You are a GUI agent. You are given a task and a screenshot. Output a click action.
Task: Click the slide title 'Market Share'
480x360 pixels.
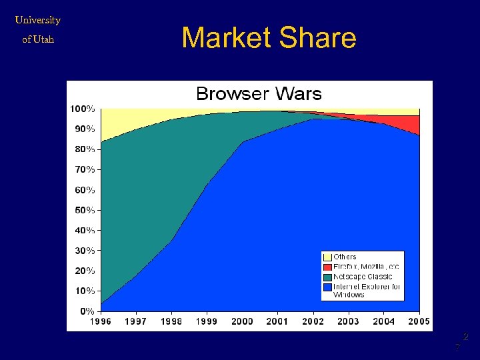pyautogui.click(x=269, y=38)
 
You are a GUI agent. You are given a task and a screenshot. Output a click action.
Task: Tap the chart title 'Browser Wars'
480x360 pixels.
pyautogui.click(x=259, y=94)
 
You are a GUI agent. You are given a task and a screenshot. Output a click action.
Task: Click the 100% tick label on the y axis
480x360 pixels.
pyautogui.click(x=83, y=108)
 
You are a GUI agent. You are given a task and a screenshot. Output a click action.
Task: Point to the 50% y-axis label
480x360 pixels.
pyautogui.click(x=85, y=210)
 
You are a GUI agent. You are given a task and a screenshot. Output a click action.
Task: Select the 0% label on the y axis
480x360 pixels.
pyautogui.click(x=87, y=311)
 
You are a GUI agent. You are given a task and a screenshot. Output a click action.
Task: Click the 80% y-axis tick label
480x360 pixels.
pyautogui.click(x=85, y=149)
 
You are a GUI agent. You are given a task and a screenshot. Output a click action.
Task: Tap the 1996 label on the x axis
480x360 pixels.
pyautogui.click(x=101, y=322)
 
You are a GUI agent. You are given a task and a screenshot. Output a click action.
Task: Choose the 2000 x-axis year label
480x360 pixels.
pyautogui.click(x=242, y=322)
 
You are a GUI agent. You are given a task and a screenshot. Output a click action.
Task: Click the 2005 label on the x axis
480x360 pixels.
pyautogui.click(x=419, y=322)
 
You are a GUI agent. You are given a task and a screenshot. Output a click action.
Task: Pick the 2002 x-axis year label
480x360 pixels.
pyautogui.click(x=313, y=322)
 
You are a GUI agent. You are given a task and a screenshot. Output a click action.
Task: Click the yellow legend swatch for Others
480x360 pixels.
pyautogui.click(x=327, y=257)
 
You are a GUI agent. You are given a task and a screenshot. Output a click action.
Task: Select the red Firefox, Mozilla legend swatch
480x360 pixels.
pyautogui.click(x=327, y=267)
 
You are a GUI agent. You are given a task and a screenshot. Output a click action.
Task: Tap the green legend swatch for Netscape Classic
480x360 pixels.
pyautogui.click(x=327, y=277)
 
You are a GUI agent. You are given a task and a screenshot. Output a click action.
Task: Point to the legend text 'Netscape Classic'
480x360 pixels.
pyautogui.click(x=363, y=277)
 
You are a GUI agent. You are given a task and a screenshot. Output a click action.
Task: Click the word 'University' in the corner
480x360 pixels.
pyautogui.click(x=38, y=20)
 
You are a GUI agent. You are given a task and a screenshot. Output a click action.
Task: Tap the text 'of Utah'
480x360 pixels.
pyautogui.click(x=38, y=39)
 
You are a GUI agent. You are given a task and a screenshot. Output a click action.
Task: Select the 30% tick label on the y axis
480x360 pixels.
pyautogui.click(x=85, y=251)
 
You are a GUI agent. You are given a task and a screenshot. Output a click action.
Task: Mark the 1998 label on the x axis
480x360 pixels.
pyautogui.click(x=171, y=322)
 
